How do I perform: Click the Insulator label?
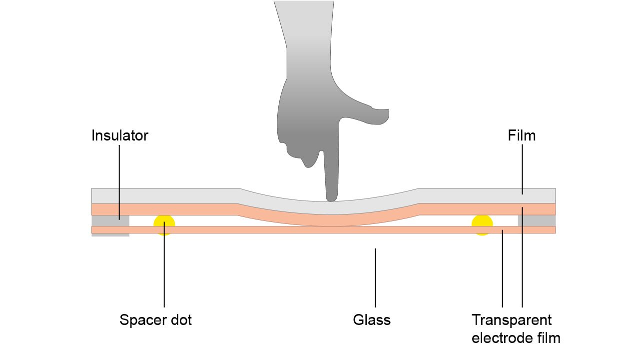point(120,135)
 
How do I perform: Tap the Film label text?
point(522,135)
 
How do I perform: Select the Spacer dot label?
point(155,320)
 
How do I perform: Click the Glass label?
point(372,320)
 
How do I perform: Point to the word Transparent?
point(512,320)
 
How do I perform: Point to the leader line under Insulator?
point(119,175)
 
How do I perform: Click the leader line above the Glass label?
point(375,277)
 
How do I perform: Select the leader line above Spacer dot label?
point(164,270)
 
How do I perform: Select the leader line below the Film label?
point(522,165)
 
